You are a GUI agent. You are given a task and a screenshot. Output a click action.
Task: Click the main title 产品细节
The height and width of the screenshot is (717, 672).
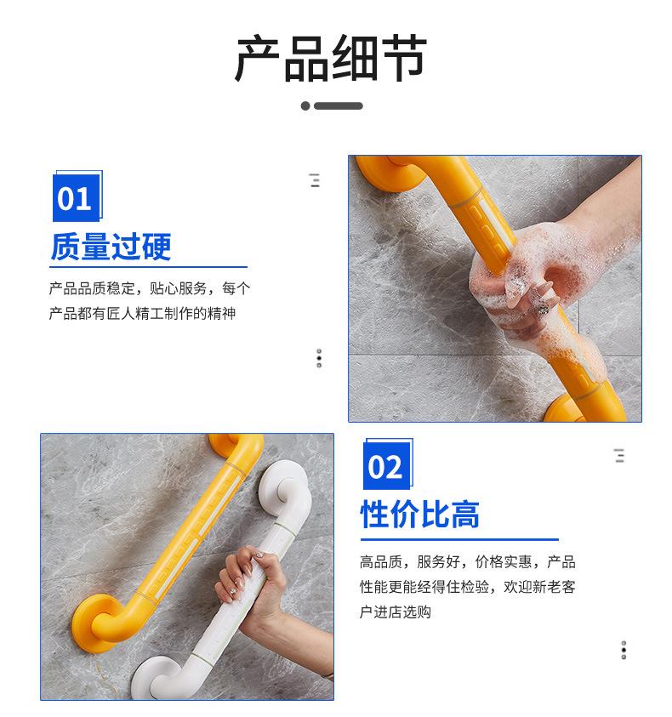point(331,58)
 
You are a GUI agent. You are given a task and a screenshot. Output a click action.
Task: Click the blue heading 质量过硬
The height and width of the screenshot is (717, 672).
point(111,247)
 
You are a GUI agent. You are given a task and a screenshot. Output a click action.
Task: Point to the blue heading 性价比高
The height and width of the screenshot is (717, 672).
point(420,515)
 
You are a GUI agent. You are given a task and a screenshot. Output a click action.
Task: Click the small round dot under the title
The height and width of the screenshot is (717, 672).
point(305,105)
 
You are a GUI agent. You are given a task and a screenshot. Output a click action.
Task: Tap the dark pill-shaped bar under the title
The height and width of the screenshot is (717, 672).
point(338,105)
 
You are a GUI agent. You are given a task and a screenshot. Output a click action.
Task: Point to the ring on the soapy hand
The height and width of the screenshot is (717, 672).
point(544,310)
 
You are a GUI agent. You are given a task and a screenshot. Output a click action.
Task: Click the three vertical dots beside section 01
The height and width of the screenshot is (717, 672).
point(319,358)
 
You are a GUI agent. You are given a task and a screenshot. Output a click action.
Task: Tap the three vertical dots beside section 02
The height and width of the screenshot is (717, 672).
point(624,650)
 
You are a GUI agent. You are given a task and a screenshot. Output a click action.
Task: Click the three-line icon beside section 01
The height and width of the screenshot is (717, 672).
point(314,180)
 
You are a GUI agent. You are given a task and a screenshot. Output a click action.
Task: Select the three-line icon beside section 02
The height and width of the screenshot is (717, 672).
point(619,455)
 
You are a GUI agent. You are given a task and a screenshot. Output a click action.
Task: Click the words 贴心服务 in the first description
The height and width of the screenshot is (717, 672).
point(179,288)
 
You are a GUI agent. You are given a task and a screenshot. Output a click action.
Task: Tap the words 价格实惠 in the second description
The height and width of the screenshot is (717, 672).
point(504,561)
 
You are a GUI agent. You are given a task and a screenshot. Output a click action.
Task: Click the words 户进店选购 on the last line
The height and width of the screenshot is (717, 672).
point(396,612)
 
